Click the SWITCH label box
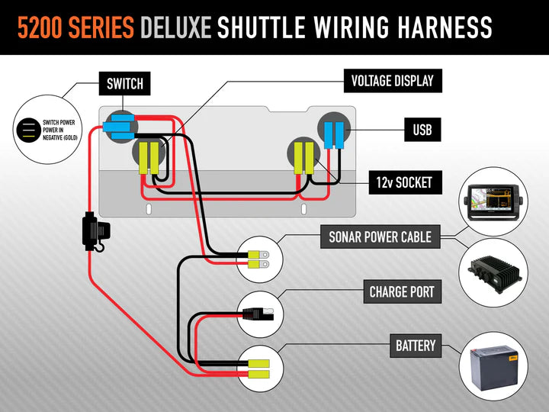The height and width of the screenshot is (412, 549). [x=124, y=83]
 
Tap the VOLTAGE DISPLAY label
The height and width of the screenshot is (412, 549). [x=392, y=80]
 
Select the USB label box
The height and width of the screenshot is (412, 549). [x=422, y=130]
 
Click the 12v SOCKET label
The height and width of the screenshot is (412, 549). [x=403, y=182]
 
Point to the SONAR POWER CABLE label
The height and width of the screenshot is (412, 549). [x=380, y=237]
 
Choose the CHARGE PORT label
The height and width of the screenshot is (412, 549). [x=402, y=292]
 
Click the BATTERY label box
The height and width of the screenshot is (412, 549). [x=416, y=346]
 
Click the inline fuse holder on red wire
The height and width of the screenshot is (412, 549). [x=96, y=232]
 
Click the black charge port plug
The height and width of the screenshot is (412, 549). [x=253, y=312]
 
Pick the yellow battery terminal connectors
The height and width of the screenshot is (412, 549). [x=260, y=369]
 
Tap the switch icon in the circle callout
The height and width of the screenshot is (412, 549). [x=30, y=130]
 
